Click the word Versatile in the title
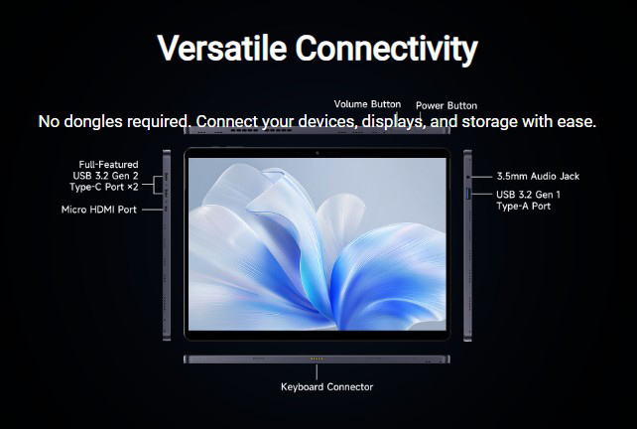pyautogui.click(x=222, y=48)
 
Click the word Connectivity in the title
pyautogui.click(x=387, y=50)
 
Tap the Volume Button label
pyautogui.click(x=367, y=104)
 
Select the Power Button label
pyautogui.click(x=446, y=105)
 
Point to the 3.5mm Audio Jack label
pyautogui.click(x=538, y=176)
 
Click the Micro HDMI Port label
pyautogui.click(x=99, y=210)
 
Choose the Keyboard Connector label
pyautogui.click(x=327, y=386)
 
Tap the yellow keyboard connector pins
pyautogui.click(x=317, y=358)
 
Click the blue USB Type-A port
pyautogui.click(x=467, y=194)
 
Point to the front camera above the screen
pyautogui.click(x=318, y=153)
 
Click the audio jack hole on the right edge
pyautogui.click(x=468, y=177)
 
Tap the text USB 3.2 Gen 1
pyautogui.click(x=528, y=195)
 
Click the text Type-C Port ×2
pyautogui.click(x=103, y=187)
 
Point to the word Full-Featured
pyautogui.click(x=108, y=164)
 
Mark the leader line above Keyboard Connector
pyautogui.click(x=317, y=372)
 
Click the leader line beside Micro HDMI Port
pyautogui.click(x=153, y=210)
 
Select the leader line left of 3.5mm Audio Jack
pyautogui.click(x=481, y=177)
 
